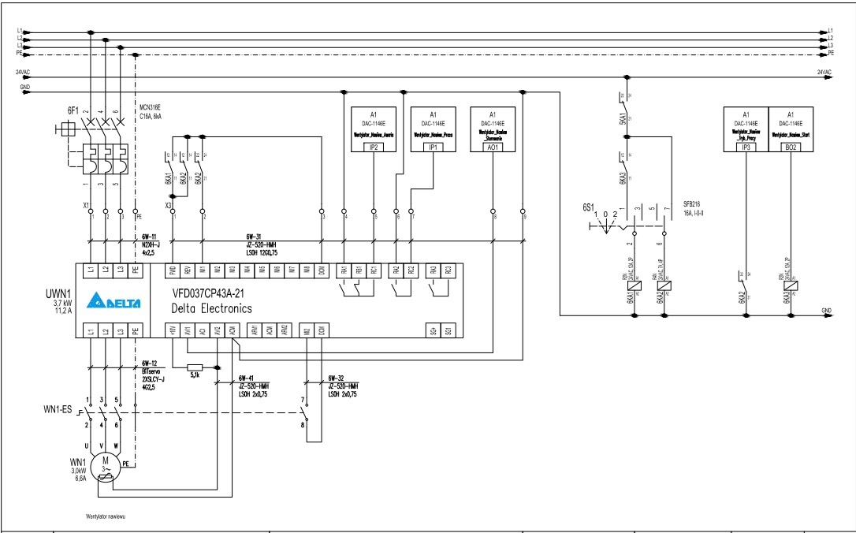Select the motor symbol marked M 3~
coord(105,464)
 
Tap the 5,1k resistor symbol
coord(195,367)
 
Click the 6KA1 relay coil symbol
coord(636,287)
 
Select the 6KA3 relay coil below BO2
coord(791,287)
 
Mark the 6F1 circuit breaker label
coord(73,110)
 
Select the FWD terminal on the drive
coord(173,270)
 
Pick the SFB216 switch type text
coord(694,204)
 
